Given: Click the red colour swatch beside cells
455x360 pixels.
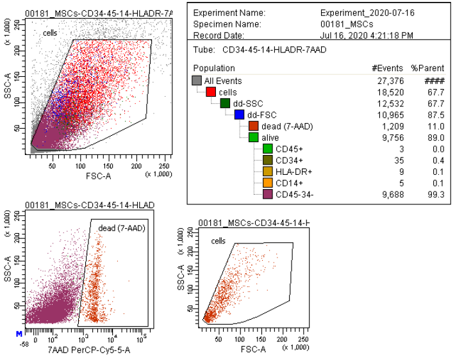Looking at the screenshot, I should point(210,92).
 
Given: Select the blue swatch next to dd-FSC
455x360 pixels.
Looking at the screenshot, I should point(238,115).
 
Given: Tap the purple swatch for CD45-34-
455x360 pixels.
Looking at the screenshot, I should point(267,193).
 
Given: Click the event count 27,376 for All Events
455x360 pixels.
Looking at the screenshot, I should point(386,81).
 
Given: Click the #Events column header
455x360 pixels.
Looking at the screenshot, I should point(386,68).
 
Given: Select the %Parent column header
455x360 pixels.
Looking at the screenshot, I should point(424,68).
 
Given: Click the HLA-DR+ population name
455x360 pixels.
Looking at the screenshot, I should point(294,170).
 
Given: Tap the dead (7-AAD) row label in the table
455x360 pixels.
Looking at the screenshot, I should point(286,126).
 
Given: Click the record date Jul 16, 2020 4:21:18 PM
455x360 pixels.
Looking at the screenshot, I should point(367,35).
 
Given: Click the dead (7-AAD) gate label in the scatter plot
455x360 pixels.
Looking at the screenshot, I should point(120,227).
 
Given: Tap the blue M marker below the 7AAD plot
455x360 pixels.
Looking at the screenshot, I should point(19,333).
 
